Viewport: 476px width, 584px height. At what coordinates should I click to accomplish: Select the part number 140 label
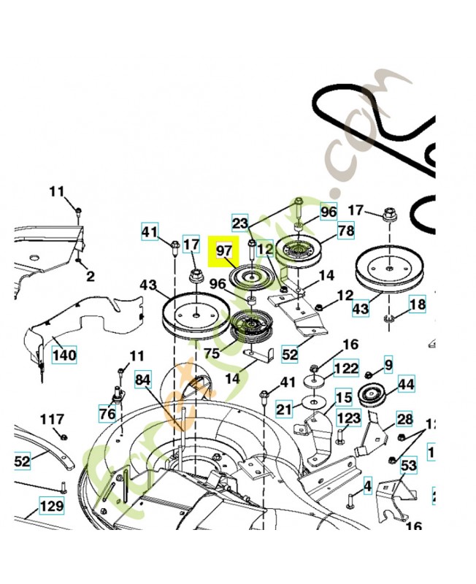(64, 356)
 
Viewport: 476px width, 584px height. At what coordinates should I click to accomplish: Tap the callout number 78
(345, 231)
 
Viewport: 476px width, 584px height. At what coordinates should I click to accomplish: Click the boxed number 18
(416, 304)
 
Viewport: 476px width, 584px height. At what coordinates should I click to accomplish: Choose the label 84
(144, 380)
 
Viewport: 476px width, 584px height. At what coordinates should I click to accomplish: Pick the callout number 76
(107, 414)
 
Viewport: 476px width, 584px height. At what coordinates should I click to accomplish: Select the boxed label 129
(51, 505)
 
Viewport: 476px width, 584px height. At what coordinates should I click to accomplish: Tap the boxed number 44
(405, 383)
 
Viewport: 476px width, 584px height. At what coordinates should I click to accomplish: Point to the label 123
(348, 418)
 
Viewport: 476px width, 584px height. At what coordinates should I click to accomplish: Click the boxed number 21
(284, 408)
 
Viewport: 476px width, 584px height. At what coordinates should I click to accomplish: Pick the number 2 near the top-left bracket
(90, 277)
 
